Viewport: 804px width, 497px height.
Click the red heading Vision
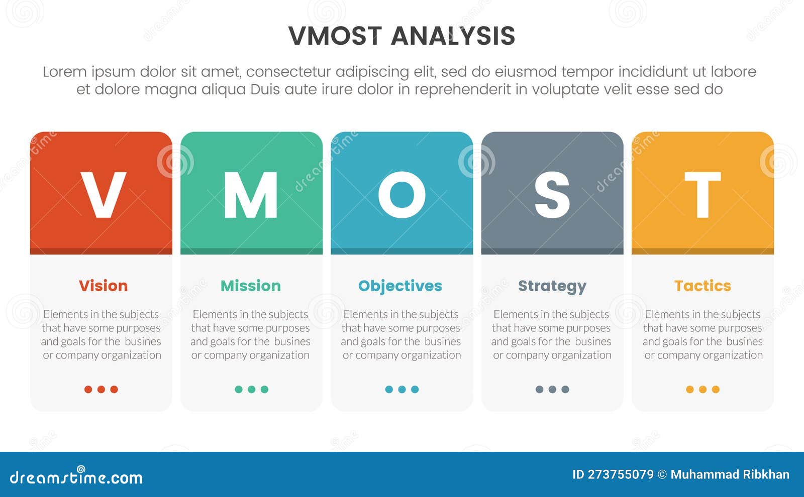pos(103,286)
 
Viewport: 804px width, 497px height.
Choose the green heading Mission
pos(251,286)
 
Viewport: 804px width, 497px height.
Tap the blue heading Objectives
pos(400,286)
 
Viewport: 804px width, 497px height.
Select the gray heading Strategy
pos(552,286)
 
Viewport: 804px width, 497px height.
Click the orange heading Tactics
pos(702,286)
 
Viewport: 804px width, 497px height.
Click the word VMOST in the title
pos(335,36)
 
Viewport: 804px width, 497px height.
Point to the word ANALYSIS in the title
pos(453,36)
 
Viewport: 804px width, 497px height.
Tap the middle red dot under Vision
pos(101,389)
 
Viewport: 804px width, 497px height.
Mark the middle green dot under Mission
pos(251,389)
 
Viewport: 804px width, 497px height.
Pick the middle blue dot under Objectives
pos(401,389)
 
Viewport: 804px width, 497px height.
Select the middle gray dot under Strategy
pos(552,389)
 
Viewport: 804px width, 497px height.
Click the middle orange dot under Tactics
pos(702,389)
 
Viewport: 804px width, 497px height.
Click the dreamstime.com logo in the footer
pos(76,477)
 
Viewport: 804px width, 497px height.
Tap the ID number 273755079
pos(620,474)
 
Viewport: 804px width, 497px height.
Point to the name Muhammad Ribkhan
pos(730,474)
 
